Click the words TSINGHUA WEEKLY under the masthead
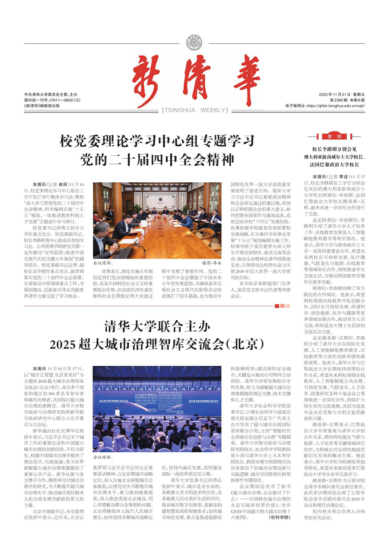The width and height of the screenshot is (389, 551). pyautogui.click(x=195, y=110)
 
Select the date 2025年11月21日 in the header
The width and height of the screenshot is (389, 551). pyautogui.click(x=335, y=95)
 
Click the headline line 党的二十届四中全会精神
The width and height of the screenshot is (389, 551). pyautogui.click(x=158, y=160)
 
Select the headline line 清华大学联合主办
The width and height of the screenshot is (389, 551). pyautogui.click(x=157, y=327)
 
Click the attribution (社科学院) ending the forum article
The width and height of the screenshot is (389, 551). pyautogui.click(x=279, y=517)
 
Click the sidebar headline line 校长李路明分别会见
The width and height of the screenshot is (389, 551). pyautogui.click(x=334, y=149)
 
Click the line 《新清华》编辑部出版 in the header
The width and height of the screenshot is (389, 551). pyautogui.click(x=42, y=106)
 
